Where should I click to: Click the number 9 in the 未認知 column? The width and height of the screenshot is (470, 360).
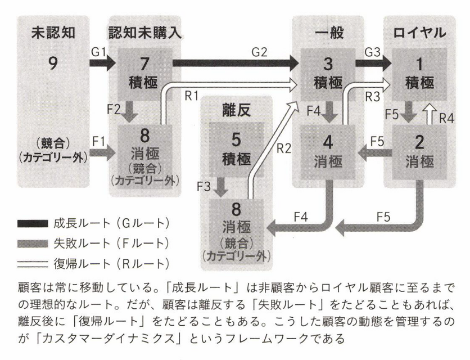(x=53, y=64)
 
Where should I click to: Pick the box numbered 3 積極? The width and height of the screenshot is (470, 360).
(x=325, y=71)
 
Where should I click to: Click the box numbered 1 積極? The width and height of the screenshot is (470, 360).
(x=419, y=71)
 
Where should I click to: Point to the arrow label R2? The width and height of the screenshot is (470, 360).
(x=284, y=148)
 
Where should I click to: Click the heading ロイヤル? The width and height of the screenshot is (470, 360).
(x=419, y=33)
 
